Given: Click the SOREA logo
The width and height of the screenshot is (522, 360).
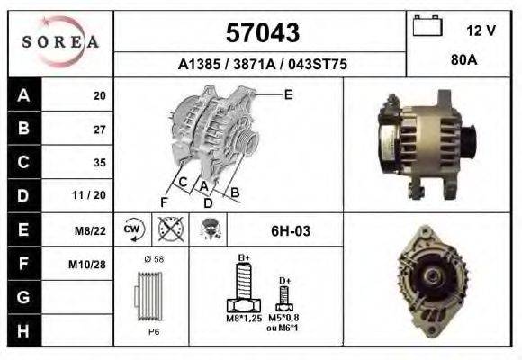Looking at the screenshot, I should pos(59,43).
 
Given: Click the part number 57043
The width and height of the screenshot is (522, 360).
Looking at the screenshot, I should pos(262,33).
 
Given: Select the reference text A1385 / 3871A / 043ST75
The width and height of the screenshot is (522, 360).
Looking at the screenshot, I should pos(262,65).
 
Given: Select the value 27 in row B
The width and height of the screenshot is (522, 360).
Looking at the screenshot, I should pos(100,129).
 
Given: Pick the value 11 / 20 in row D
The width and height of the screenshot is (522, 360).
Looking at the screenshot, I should pos(94,195).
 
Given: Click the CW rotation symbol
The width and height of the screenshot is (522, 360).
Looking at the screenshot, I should pos(133,229).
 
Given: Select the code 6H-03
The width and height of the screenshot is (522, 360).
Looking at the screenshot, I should pos(291,231).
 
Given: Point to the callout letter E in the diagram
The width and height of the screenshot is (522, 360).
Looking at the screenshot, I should pos(288,94).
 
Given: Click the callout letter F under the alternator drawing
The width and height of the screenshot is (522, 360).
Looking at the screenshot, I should pos(164,201).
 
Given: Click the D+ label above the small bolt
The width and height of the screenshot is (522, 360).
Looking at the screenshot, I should pos(284,281).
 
